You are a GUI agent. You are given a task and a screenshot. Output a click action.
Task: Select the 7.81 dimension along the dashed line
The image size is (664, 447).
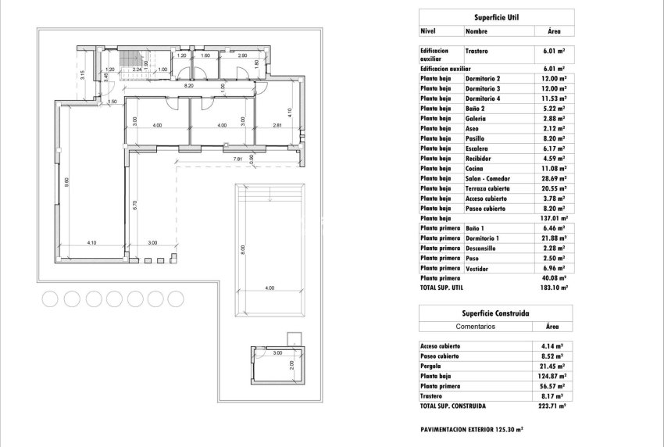coord(238,159)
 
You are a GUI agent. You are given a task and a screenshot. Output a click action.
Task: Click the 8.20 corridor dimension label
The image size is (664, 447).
coord(189,84)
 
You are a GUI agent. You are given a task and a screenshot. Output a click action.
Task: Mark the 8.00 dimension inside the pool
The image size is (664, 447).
coord(244,250)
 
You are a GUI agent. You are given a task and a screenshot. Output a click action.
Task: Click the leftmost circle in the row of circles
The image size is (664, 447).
coord(51,298)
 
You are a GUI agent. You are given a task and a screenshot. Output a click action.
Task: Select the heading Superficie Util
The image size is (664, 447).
coord(496,16)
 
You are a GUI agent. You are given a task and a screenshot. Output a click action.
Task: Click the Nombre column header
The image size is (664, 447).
coord(477,32)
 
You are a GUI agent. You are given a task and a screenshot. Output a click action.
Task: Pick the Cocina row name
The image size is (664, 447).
coord(475,169)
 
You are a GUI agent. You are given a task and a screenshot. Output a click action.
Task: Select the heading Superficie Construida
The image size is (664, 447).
coord(496,313)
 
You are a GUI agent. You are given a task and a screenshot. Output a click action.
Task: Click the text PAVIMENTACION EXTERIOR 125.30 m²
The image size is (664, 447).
coord(472,430)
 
